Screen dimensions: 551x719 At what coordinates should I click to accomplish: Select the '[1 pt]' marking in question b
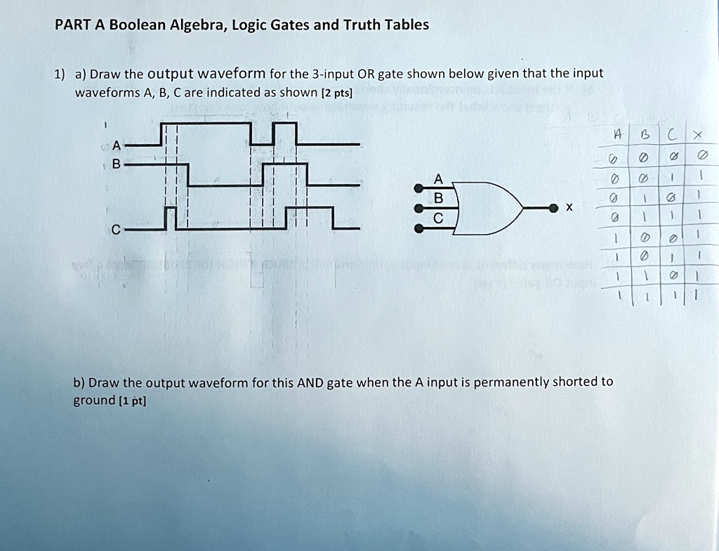pos(133,401)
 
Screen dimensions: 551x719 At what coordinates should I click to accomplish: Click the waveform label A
pos(117,145)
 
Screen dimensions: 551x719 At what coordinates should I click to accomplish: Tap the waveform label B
pos(117,164)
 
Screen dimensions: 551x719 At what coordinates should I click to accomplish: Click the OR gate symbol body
pos(492,207)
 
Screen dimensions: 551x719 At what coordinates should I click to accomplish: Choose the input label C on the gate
pos(438,219)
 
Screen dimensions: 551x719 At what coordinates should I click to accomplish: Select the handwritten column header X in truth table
pos(695,135)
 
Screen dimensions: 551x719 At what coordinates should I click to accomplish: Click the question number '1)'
pos(60,74)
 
